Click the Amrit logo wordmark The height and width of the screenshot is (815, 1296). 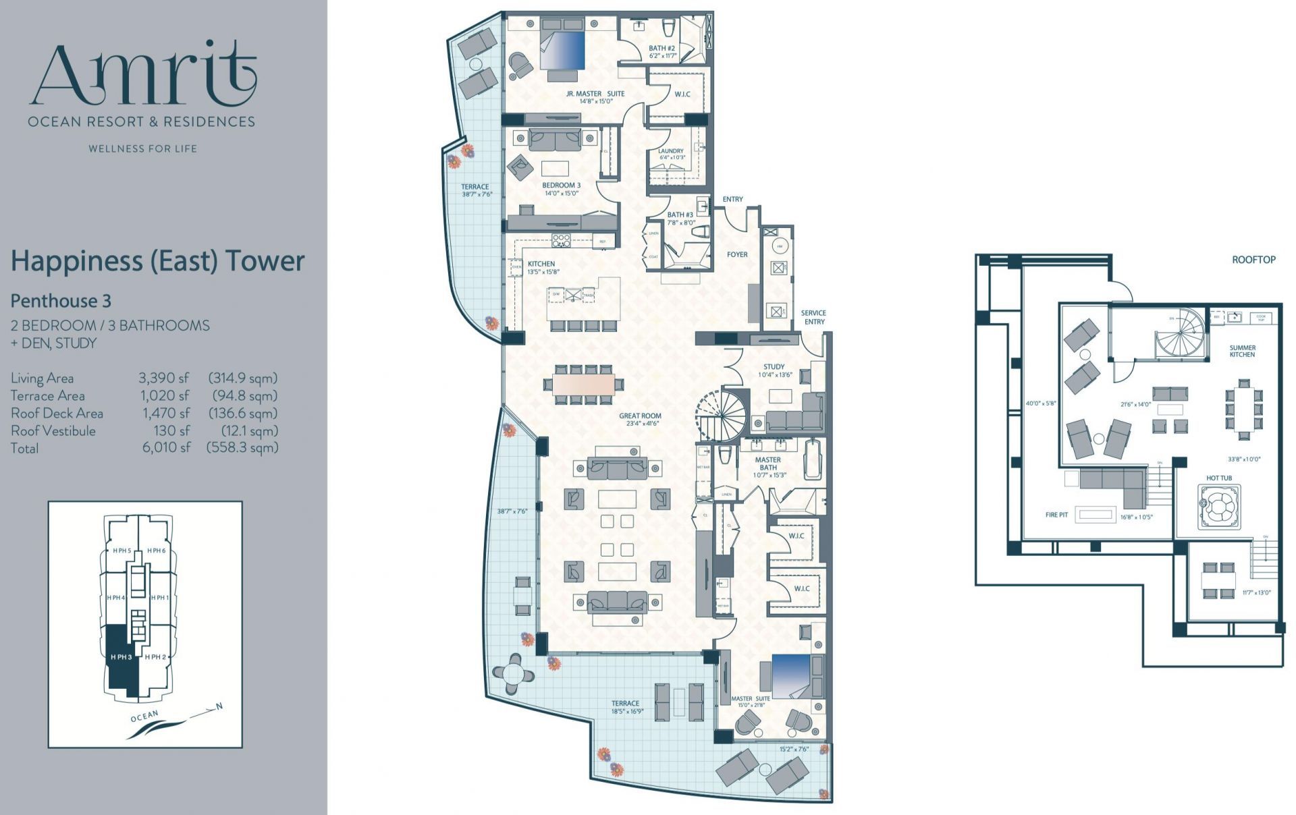(x=143, y=76)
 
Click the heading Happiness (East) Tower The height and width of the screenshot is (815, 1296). (x=157, y=261)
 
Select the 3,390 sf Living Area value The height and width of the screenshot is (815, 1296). (x=164, y=378)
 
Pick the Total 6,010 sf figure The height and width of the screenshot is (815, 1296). (x=166, y=448)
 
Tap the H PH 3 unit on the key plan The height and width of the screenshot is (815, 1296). (x=120, y=656)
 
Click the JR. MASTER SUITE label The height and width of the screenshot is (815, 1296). (x=595, y=94)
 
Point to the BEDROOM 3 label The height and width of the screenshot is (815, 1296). (x=561, y=185)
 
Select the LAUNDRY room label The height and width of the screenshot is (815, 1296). (x=670, y=151)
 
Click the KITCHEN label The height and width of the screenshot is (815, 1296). (x=541, y=264)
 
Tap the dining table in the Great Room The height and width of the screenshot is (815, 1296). (x=584, y=385)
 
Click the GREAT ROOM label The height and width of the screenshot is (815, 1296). (x=640, y=416)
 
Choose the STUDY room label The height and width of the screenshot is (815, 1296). (x=774, y=367)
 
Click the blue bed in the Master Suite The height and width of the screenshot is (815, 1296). (x=791, y=676)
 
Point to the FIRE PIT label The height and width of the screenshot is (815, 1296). (x=1056, y=515)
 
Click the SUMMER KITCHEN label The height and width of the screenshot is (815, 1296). (x=1242, y=351)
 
